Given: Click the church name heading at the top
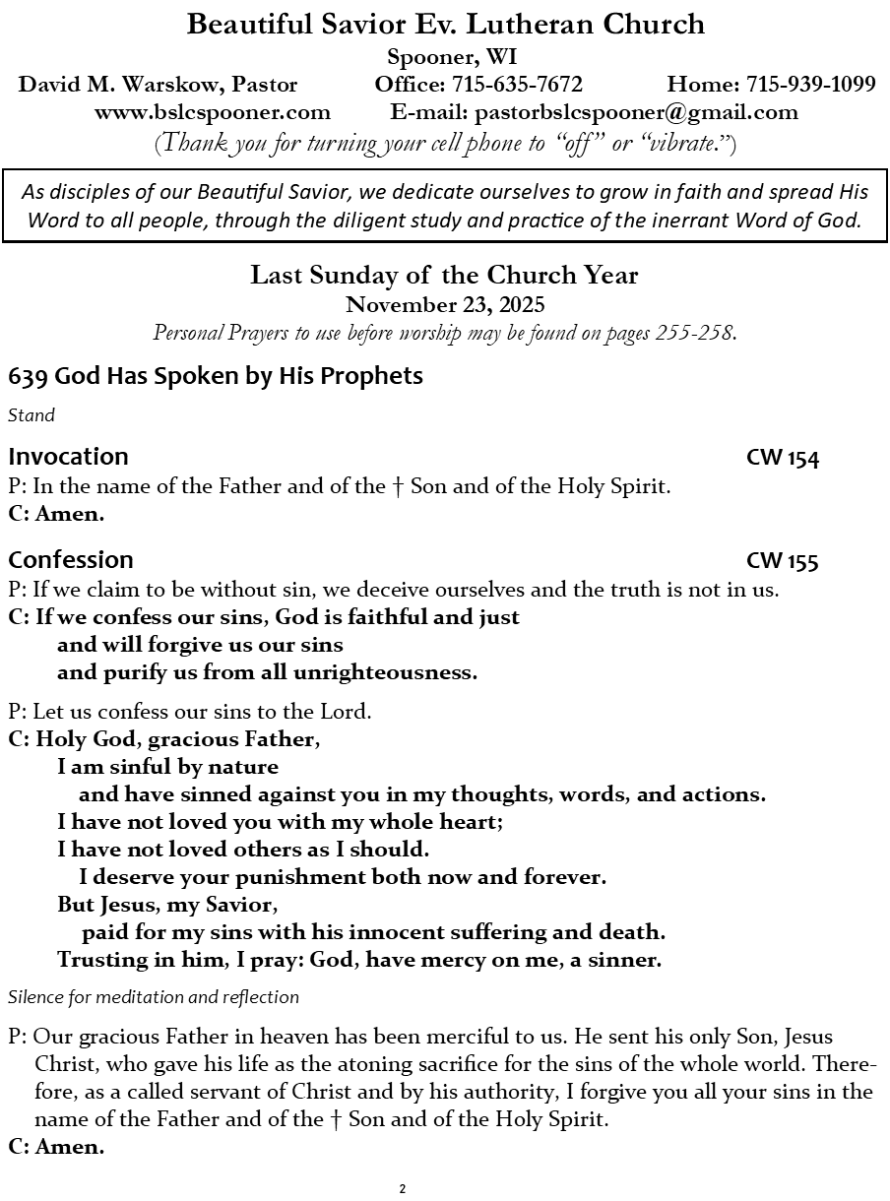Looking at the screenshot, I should [445, 25].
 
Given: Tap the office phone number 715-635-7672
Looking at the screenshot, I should [517, 85].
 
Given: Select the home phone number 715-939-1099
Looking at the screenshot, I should [810, 85].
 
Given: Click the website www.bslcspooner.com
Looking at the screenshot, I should [213, 112].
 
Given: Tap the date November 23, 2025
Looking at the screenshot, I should [445, 305].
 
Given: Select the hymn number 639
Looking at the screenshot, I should [28, 376].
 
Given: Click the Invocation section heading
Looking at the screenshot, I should [68, 457].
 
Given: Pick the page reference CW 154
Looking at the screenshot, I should [782, 458].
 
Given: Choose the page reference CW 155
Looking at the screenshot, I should [782, 561].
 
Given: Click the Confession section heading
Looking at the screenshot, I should [71, 560].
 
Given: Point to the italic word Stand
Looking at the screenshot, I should [31, 415].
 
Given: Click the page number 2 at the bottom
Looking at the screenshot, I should [403, 1189].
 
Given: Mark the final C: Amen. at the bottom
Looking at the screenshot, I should [56, 1147].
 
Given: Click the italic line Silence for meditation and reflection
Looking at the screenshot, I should [154, 997].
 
